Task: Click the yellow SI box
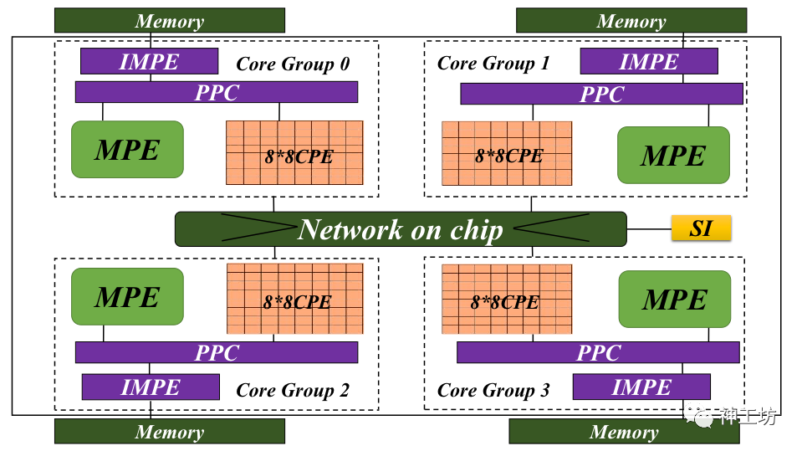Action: click(701, 228)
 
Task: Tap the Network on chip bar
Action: click(400, 229)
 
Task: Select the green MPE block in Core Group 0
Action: click(127, 150)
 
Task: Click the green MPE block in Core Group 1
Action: click(673, 155)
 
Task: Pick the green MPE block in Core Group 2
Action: click(127, 297)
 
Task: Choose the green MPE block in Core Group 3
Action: click(674, 300)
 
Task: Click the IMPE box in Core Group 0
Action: click(149, 61)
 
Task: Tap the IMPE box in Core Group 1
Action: click(648, 61)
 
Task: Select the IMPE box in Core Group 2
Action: click(151, 387)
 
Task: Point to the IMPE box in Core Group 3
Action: click(641, 387)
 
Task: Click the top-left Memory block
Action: click(169, 21)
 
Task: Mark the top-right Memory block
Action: click(631, 21)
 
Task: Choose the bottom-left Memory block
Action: click(169, 432)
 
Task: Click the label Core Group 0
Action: click(293, 64)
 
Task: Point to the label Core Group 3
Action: click(493, 390)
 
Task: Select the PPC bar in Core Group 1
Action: click(601, 94)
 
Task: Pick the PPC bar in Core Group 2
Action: click(216, 352)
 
